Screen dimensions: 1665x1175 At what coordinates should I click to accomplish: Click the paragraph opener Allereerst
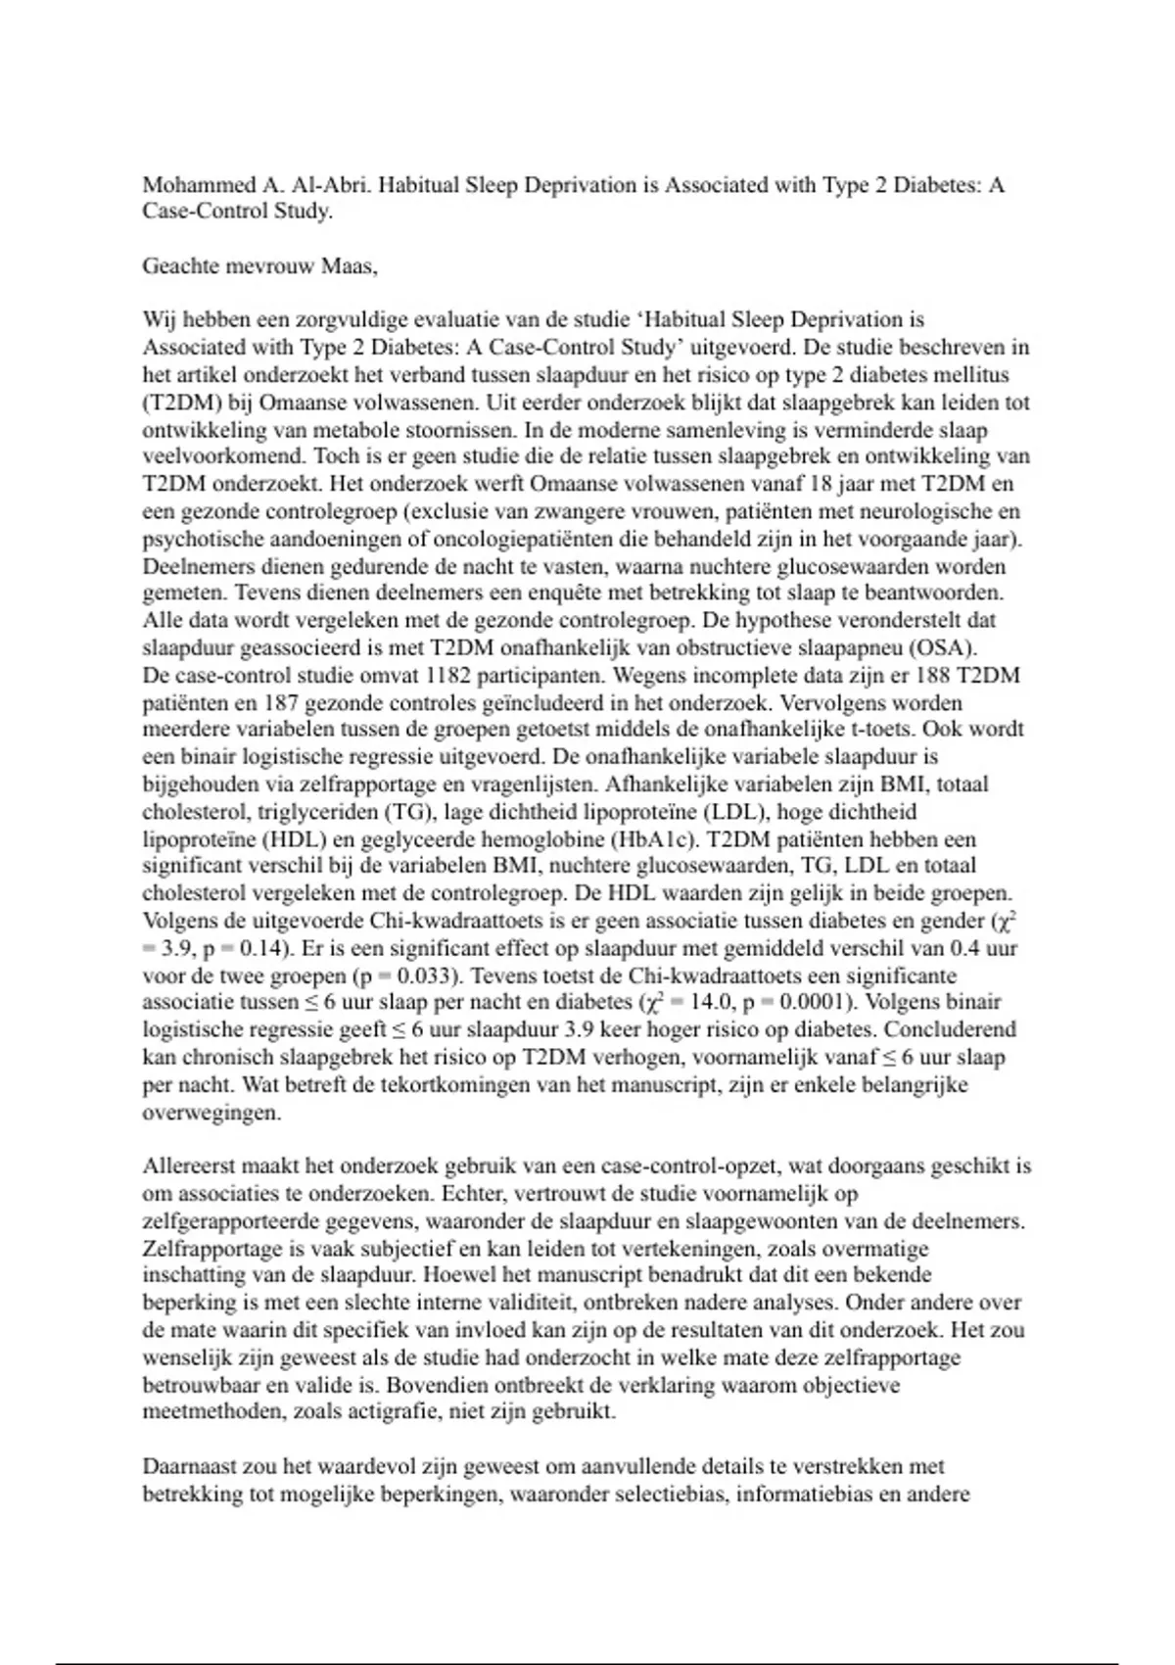point(190,1166)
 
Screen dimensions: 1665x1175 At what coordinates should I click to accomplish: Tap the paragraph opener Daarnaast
point(190,1467)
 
